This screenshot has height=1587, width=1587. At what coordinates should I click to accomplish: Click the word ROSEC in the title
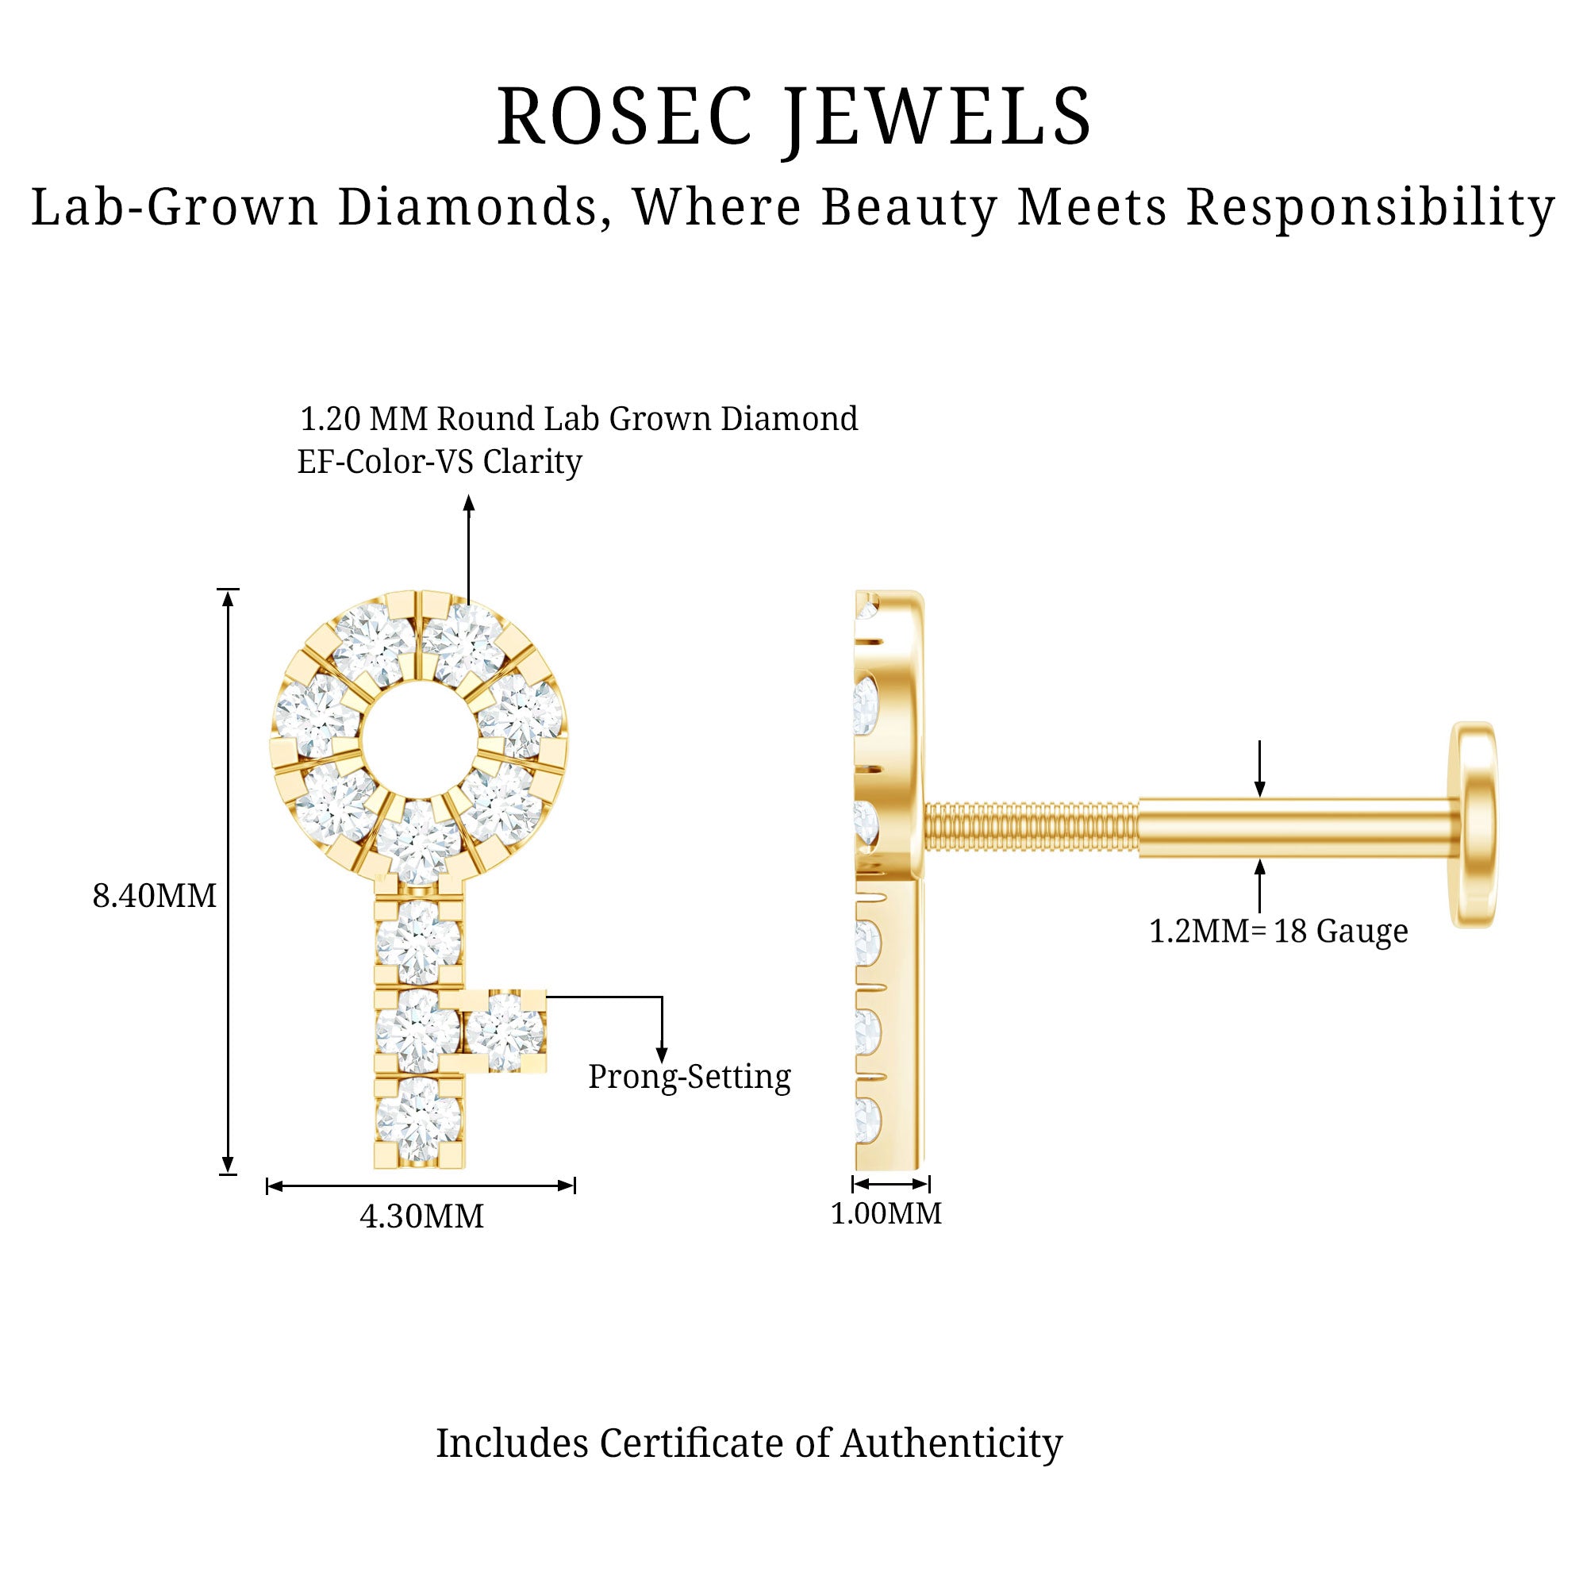[x=624, y=117]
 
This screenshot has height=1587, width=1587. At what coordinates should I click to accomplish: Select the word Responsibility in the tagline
[x=1370, y=207]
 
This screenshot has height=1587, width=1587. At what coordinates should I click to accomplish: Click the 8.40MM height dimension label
[x=155, y=895]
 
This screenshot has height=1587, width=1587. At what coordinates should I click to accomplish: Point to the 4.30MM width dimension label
[x=421, y=1216]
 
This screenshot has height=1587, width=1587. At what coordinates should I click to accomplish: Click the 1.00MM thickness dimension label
[x=886, y=1213]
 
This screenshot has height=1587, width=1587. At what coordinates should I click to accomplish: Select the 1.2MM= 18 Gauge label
[x=1278, y=931]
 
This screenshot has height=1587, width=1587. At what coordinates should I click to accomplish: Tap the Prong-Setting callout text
[x=690, y=1077]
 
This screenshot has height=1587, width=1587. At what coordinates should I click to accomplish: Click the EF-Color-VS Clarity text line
[x=440, y=462]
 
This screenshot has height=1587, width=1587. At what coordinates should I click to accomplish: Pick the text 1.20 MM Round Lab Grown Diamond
[x=578, y=419]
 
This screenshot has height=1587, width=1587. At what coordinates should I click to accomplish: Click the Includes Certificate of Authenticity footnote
[x=748, y=1443]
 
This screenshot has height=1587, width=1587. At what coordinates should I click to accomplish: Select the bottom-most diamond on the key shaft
[x=418, y=1120]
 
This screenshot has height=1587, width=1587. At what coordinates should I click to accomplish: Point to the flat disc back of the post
[x=1474, y=824]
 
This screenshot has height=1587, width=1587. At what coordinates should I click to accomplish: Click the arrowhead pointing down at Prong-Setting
[x=661, y=1055]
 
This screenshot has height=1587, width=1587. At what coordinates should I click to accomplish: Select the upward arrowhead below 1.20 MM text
[x=469, y=503]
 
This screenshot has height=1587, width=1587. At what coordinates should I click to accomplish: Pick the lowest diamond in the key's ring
[x=419, y=840]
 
